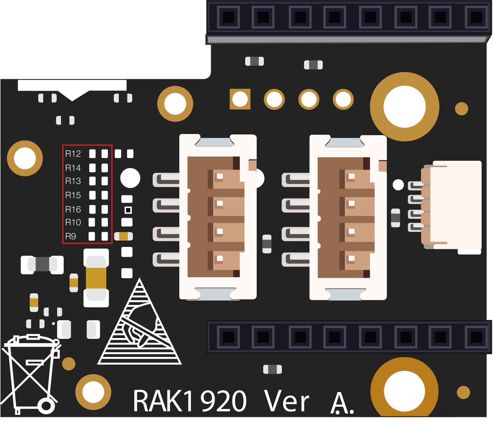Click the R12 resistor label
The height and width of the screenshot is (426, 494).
(73, 154)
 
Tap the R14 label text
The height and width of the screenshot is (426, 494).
(73, 168)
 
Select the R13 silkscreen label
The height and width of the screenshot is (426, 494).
(73, 181)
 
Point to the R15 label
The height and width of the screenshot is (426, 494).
(73, 195)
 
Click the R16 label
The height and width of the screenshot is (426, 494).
(73, 209)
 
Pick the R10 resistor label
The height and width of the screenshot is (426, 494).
(73, 222)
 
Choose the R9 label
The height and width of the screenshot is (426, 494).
(71, 236)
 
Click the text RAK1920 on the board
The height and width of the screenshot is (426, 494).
(190, 401)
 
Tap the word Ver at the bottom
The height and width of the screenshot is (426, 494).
(286, 401)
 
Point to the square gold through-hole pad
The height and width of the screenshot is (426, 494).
(240, 99)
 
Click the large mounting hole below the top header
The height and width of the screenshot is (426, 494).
(404, 106)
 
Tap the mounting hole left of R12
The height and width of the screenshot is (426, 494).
(25, 158)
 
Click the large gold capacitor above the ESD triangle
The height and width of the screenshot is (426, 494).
(96, 278)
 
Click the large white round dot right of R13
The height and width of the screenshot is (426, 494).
(130, 178)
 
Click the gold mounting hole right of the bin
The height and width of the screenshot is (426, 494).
(93, 392)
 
